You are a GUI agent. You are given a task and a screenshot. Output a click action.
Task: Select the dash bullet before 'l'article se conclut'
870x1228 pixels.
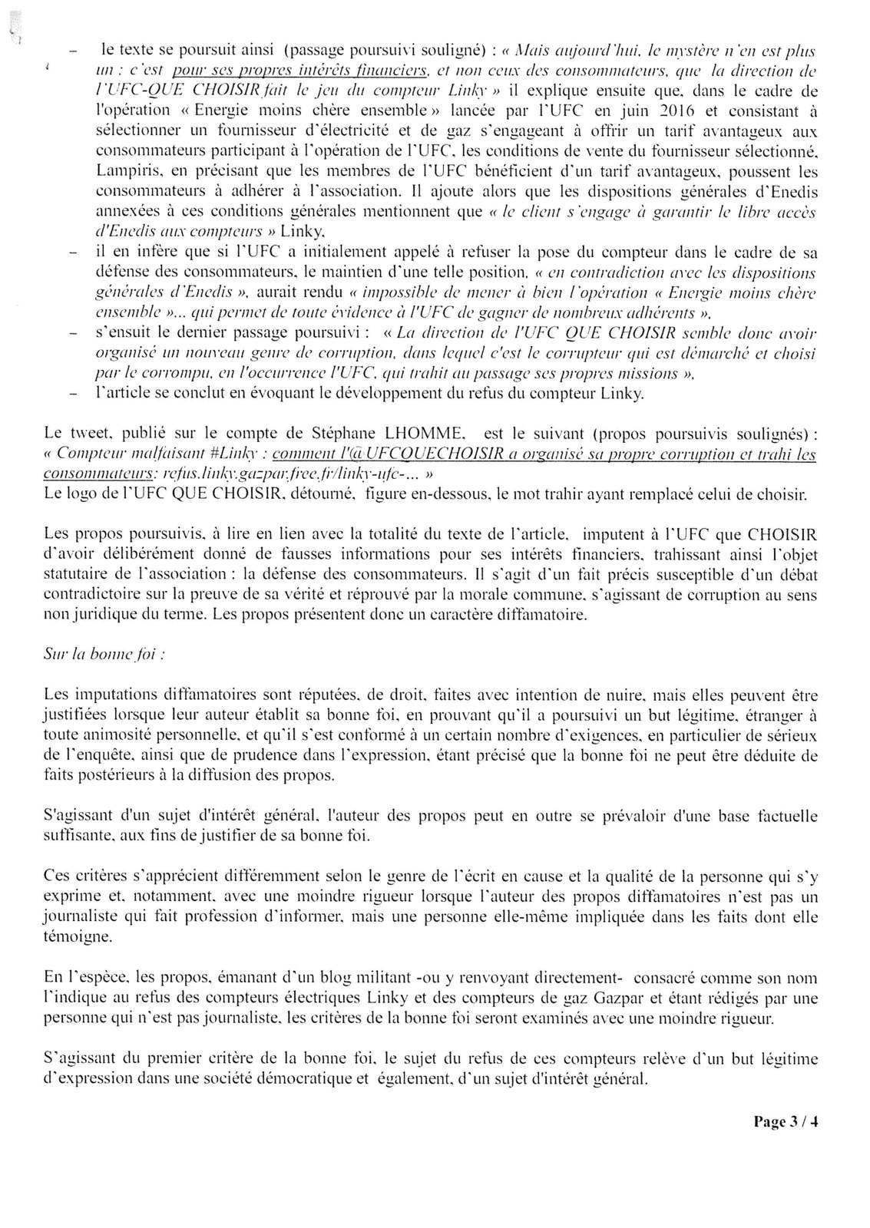74,394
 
